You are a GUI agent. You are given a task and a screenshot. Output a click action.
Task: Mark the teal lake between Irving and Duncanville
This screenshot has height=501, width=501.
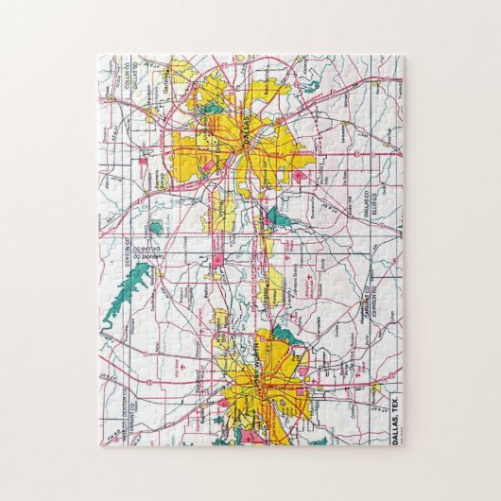(275, 219)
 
